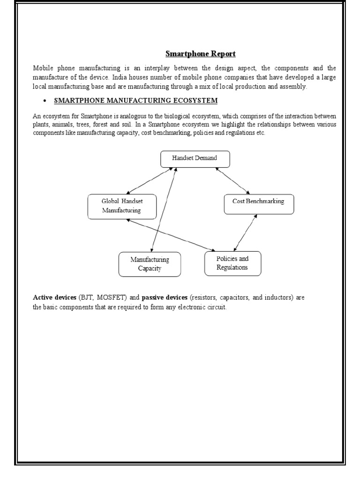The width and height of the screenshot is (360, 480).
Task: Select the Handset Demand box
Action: point(195,159)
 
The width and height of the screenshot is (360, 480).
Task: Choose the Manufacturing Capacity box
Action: point(150,264)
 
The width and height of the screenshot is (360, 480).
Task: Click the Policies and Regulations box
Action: point(232,263)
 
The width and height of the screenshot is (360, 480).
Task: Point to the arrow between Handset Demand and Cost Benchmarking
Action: point(232,180)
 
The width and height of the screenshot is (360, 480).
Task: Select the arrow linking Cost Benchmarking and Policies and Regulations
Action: point(245,233)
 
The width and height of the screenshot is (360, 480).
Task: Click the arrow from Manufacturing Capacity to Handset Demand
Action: point(164,210)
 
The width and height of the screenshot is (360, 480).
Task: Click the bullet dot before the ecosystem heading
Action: point(44,101)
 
